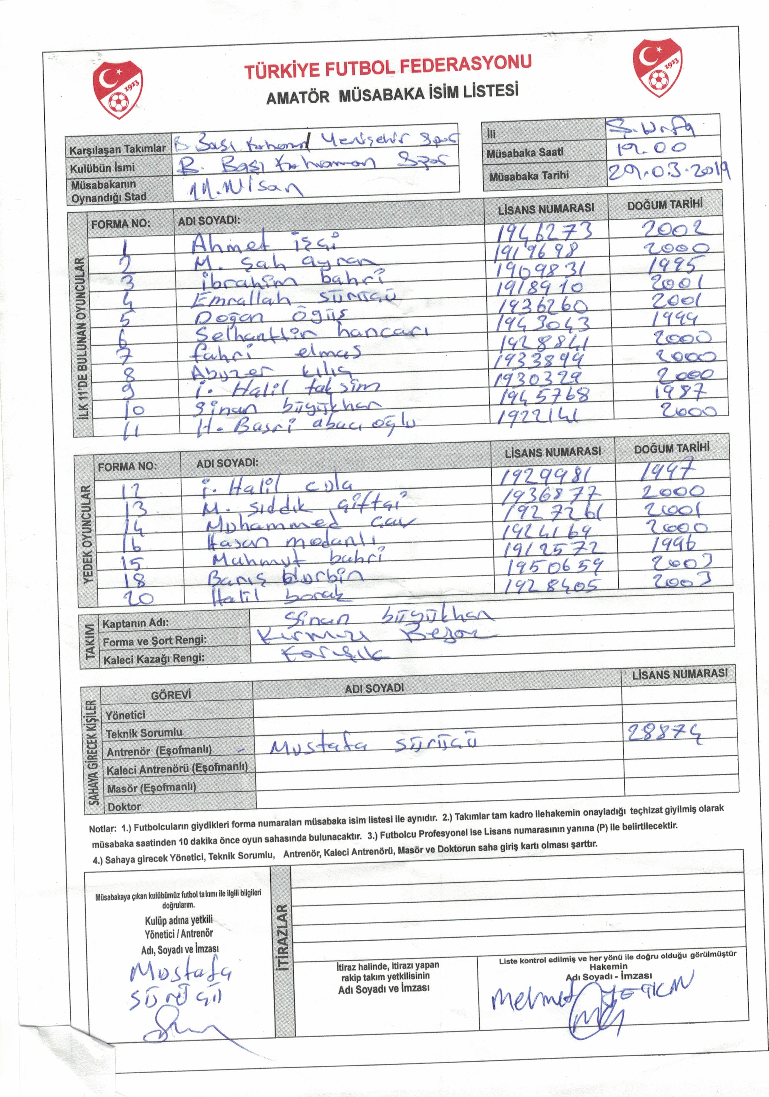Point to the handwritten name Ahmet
pyautogui.click(x=230, y=243)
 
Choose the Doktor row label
pyautogui.click(x=124, y=807)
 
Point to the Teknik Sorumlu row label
pyautogui.click(x=144, y=733)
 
